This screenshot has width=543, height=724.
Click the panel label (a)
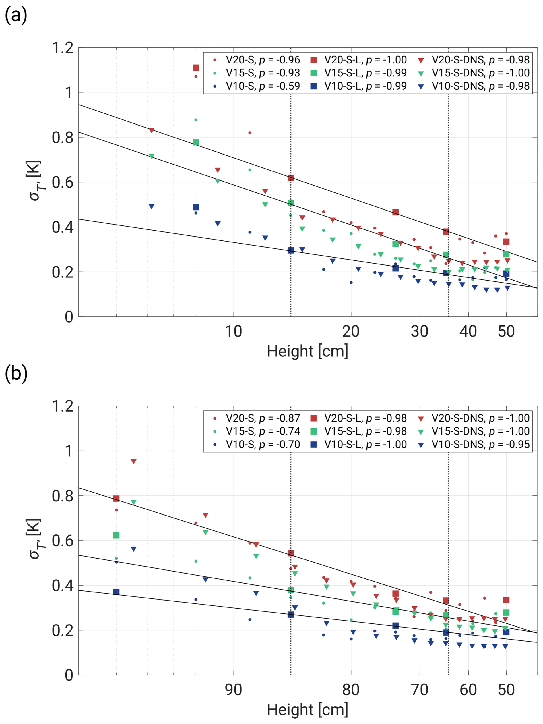click(x=16, y=16)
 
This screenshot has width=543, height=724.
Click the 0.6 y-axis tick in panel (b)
click(x=63, y=541)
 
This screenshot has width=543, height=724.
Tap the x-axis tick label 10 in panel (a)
click(x=233, y=332)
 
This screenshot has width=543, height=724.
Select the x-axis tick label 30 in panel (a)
click(x=419, y=332)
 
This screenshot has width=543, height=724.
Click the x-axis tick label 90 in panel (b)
click(x=233, y=690)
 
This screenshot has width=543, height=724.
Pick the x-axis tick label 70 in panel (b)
click(x=419, y=690)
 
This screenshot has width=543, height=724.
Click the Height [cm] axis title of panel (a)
click(x=307, y=351)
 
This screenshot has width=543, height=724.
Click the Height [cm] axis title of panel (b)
click(x=307, y=710)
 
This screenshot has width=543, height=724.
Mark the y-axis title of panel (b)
click(x=34, y=539)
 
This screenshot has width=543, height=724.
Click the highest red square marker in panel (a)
click(x=196, y=68)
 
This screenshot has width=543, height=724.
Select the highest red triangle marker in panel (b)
click(x=133, y=462)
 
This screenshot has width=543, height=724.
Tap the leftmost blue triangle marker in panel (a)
click(x=152, y=206)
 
